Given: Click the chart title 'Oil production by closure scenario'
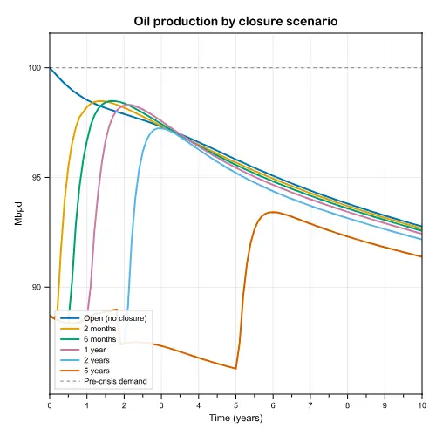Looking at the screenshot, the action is pyautogui.click(x=235, y=22).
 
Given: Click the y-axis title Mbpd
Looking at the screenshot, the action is pyautogui.click(x=18, y=214).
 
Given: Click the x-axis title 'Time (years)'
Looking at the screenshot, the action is pyautogui.click(x=236, y=419).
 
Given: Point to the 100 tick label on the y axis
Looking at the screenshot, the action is pyautogui.click(x=34, y=68).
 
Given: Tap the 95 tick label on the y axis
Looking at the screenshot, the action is pyautogui.click(x=37, y=177).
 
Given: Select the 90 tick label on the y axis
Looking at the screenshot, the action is pyautogui.click(x=37, y=287).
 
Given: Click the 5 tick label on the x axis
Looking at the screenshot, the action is pyautogui.click(x=235, y=405).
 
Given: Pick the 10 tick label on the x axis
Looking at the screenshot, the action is pyautogui.click(x=422, y=405).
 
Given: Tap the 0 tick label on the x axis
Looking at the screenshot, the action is pyautogui.click(x=50, y=405).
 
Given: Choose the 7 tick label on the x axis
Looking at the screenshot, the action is pyautogui.click(x=310, y=405).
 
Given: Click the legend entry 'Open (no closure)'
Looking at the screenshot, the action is pyautogui.click(x=104, y=318).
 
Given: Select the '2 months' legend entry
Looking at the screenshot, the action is pyautogui.click(x=88, y=329).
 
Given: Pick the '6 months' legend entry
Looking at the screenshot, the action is pyautogui.click(x=88, y=339).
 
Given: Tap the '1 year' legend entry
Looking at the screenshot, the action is pyautogui.click(x=83, y=350).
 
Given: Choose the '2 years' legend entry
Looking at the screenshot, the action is pyautogui.click(x=85, y=360).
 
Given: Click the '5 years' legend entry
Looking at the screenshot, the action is pyautogui.click(x=85, y=371).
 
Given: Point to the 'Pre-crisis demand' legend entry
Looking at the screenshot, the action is pyautogui.click(x=104, y=381).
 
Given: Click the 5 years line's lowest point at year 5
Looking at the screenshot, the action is pyautogui.click(x=235, y=369).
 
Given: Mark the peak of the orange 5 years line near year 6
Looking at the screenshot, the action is pyautogui.click(x=273, y=212).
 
